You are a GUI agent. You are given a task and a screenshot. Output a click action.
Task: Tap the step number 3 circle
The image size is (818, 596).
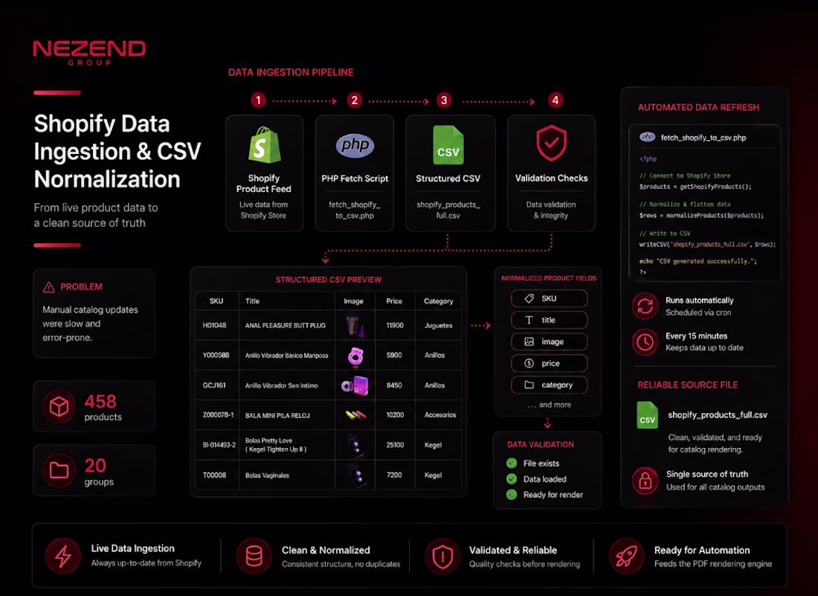pyautogui.click(x=444, y=100)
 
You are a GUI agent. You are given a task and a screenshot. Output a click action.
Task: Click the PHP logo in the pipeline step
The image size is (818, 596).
pyautogui.click(x=355, y=145)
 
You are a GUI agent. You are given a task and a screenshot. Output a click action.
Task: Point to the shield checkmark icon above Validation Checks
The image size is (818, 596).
pyautogui.click(x=552, y=143)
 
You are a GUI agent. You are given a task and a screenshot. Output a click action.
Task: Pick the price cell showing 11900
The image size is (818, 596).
pyautogui.click(x=394, y=325)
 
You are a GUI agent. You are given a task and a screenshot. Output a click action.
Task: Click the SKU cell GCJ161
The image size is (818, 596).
pyautogui.click(x=214, y=385)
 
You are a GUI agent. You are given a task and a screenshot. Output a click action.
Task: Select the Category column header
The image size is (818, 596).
pyautogui.click(x=438, y=301)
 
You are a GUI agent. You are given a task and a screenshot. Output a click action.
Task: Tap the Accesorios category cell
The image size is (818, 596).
pyautogui.click(x=439, y=415)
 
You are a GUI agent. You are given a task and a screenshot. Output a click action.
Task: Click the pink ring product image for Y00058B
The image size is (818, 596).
pyautogui.click(x=355, y=356)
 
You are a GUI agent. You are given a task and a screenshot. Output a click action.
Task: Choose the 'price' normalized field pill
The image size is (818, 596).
pyautogui.click(x=550, y=363)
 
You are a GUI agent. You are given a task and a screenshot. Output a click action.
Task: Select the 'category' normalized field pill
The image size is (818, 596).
pyautogui.click(x=550, y=385)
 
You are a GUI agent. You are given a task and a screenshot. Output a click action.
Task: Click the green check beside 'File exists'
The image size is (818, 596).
pyautogui.click(x=512, y=463)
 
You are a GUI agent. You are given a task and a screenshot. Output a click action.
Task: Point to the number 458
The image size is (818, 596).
pyautogui.click(x=100, y=401)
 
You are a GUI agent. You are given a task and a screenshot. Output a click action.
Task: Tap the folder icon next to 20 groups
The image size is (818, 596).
pyautogui.click(x=59, y=470)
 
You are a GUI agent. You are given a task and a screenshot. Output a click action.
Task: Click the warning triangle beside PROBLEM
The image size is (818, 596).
pyautogui.click(x=48, y=287)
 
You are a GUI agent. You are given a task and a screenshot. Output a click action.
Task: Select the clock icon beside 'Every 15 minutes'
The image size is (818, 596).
pyautogui.click(x=645, y=342)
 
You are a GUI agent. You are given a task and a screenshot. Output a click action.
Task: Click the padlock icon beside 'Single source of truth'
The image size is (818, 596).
pyautogui.click(x=645, y=480)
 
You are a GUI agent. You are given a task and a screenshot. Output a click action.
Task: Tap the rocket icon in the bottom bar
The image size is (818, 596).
pyautogui.click(x=626, y=556)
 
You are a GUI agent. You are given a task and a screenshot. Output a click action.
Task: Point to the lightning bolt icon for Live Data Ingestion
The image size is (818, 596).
pyautogui.click(x=63, y=557)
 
